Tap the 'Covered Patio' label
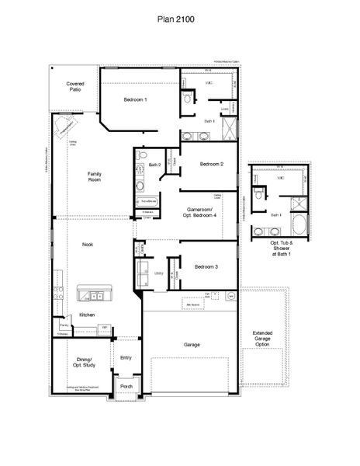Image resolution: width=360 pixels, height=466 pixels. click(x=74, y=86)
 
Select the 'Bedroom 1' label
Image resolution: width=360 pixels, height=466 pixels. click(x=135, y=100)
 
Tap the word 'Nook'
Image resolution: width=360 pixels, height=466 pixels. click(x=88, y=245)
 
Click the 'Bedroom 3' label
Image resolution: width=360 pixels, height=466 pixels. click(x=206, y=267)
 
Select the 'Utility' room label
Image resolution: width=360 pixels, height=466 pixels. click(x=158, y=273)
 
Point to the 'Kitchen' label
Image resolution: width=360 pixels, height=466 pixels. click(x=87, y=315)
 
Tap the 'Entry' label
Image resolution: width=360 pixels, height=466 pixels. click(x=126, y=358)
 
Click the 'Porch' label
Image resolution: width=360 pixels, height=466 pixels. click(x=126, y=386)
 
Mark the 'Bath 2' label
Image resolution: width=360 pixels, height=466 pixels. click(x=154, y=165)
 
